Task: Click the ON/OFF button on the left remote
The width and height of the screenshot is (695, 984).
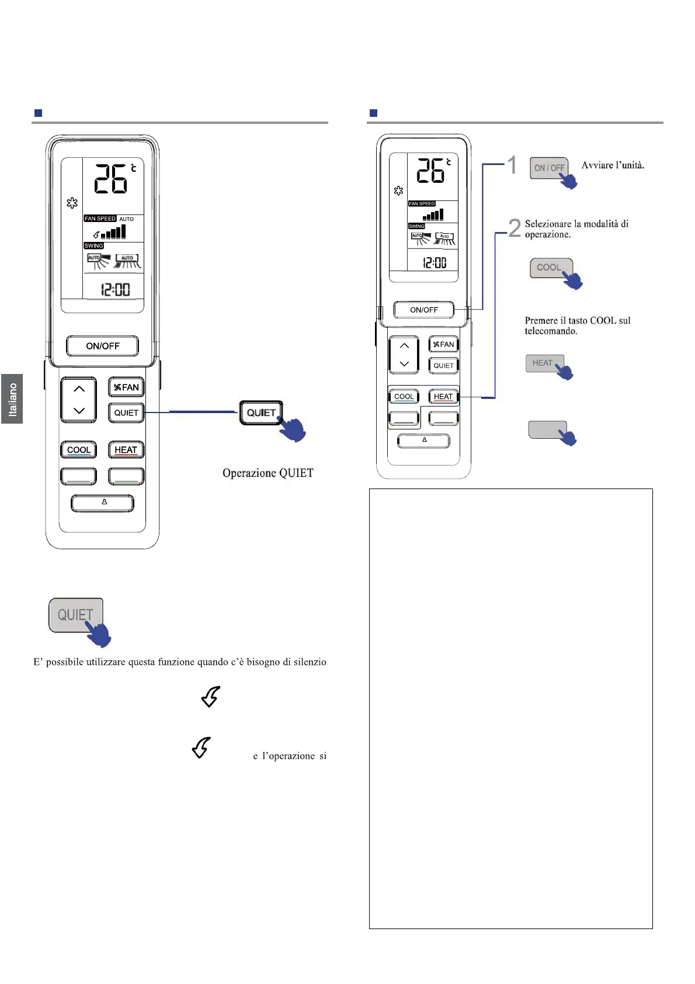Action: coord(102,346)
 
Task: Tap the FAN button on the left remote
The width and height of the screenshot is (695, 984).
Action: coord(126,387)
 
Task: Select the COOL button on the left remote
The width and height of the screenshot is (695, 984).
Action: coord(79,450)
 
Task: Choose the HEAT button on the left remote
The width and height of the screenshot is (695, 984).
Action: coord(126,450)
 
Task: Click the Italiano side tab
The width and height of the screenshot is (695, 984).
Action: coord(12,399)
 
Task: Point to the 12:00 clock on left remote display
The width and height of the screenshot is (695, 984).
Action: coord(114,289)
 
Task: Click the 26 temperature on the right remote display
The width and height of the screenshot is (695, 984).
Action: coord(430,171)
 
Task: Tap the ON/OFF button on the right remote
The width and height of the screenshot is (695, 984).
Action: coord(423,310)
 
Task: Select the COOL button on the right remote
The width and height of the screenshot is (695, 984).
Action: coord(404,396)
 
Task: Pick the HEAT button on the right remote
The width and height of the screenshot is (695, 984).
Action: coord(443,396)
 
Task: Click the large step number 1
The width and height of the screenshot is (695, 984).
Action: coord(512,165)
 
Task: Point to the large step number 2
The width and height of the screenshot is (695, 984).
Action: coord(514,228)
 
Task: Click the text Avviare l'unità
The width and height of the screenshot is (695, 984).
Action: coord(613,165)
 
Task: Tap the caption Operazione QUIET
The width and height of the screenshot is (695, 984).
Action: coord(267,473)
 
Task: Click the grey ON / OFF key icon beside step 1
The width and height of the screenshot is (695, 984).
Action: coord(548,168)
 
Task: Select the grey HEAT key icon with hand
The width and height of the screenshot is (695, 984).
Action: coord(544,363)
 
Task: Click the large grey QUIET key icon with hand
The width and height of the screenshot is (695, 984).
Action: coord(76,615)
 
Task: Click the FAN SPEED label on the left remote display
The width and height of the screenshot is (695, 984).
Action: coord(100,219)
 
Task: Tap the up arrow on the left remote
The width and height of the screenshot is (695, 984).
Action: coord(79,389)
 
